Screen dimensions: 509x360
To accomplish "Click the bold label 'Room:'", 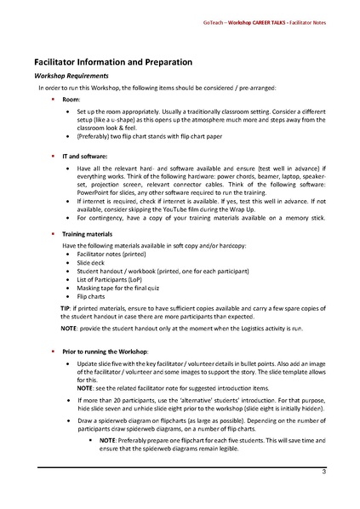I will tap(71, 100).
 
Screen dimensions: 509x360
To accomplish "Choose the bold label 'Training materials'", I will tap(89, 232).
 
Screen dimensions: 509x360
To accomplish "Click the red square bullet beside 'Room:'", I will tap(53, 100).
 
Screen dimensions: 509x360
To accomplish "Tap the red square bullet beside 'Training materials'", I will tap(53, 232).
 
